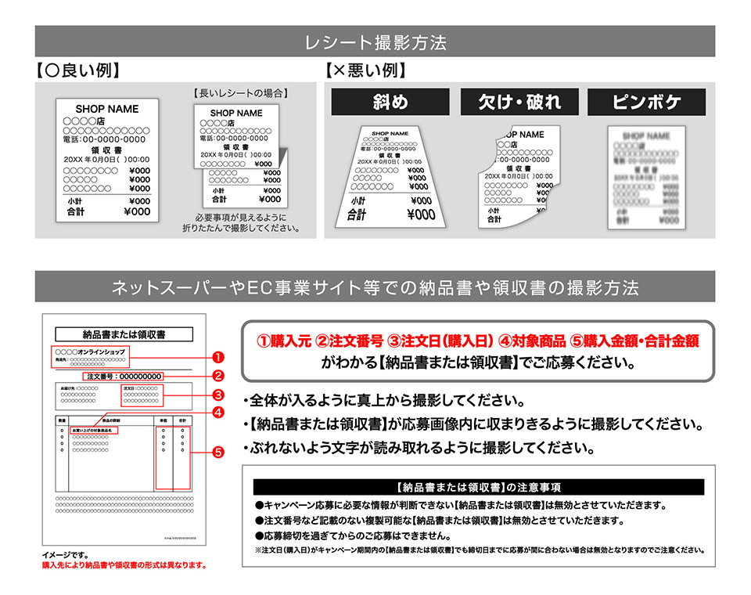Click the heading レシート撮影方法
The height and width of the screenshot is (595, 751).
[x=375, y=41]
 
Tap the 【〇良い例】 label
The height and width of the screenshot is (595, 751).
[x=78, y=71]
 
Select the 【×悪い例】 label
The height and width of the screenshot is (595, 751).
[x=365, y=71]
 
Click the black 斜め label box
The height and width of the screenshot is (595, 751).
[x=390, y=102]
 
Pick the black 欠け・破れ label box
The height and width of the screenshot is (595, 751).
[x=519, y=102]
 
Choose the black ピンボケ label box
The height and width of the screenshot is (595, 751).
[x=646, y=102]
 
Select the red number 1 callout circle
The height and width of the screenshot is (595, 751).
[x=219, y=357]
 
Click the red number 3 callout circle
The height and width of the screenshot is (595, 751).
[x=219, y=394]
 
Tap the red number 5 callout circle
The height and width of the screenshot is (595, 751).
[x=219, y=452]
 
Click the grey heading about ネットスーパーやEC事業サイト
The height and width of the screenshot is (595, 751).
[x=375, y=287]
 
